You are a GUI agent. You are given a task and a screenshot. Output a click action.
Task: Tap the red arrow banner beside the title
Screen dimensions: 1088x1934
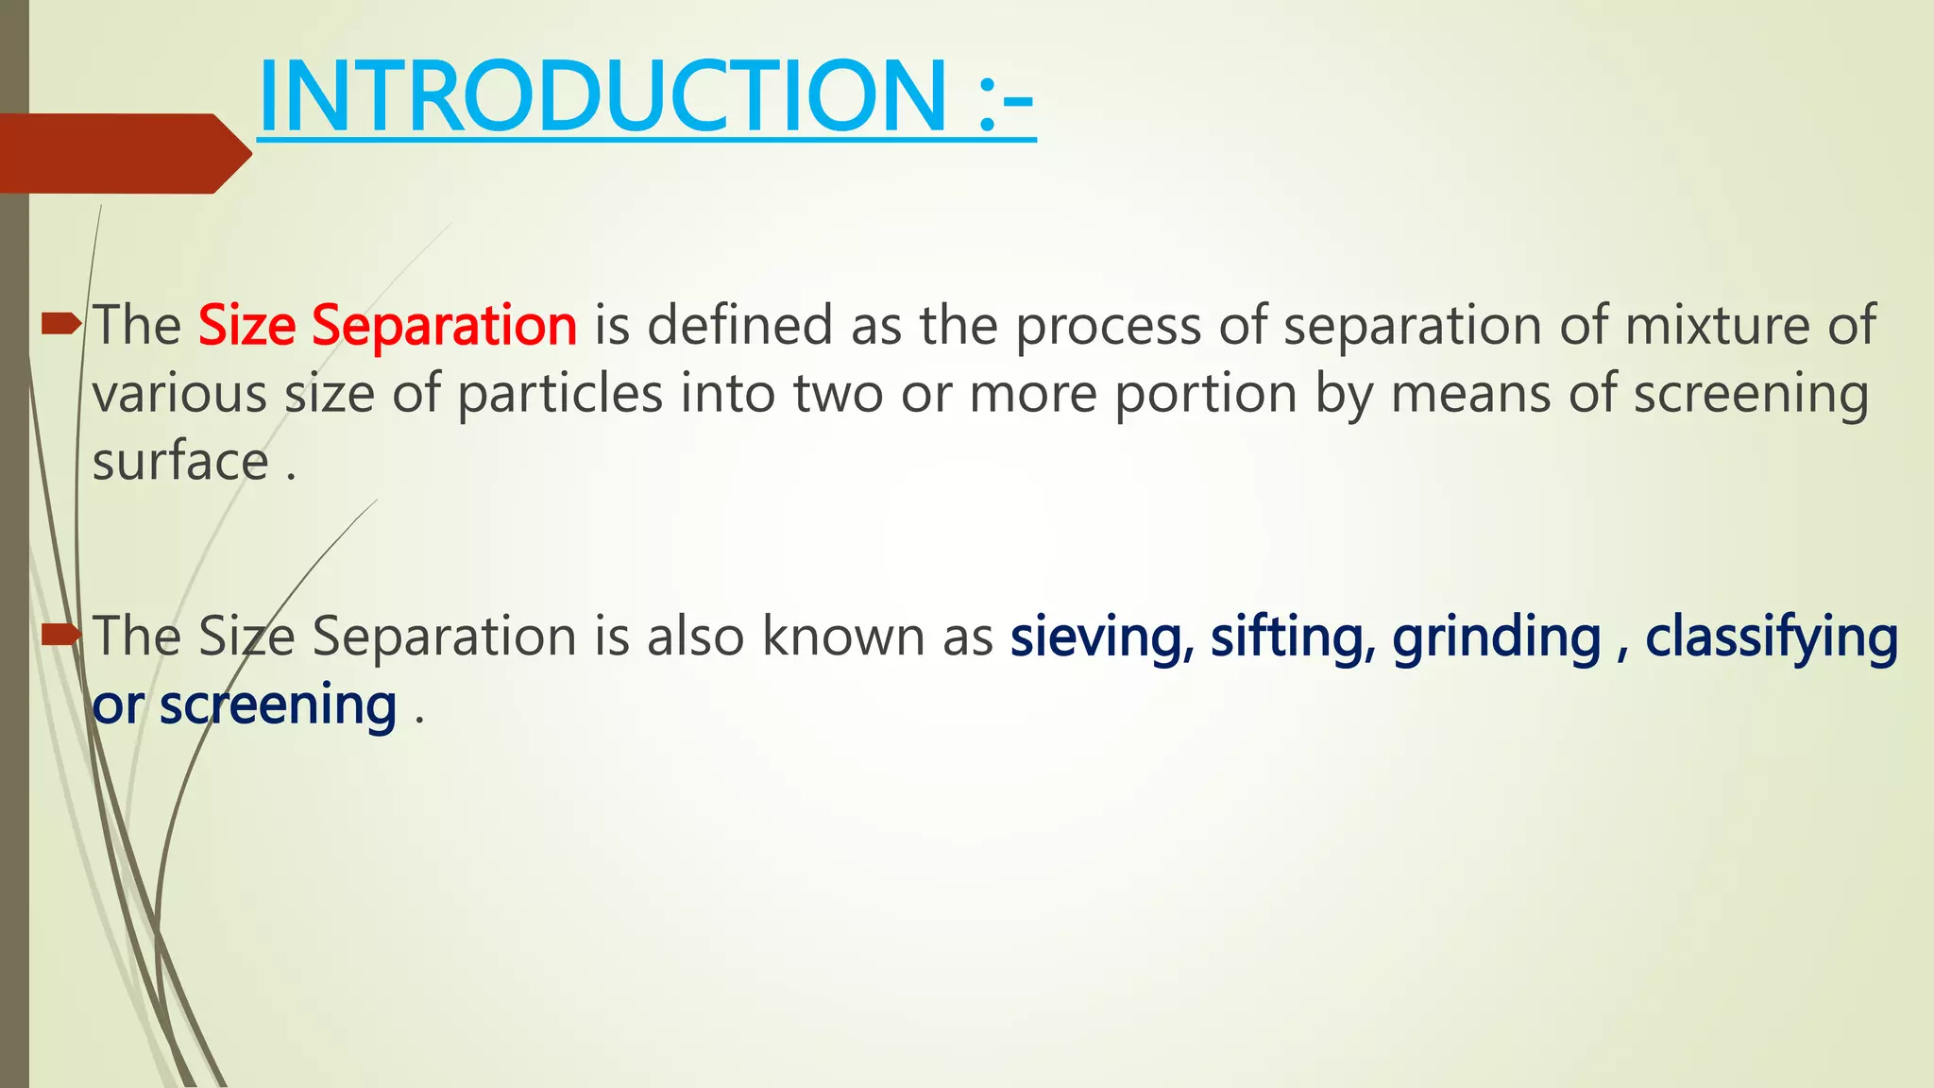tap(123, 153)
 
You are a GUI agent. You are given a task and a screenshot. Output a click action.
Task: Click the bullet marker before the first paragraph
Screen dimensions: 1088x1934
tap(62, 326)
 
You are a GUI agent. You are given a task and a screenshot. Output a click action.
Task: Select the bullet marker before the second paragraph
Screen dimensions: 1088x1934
tap(62, 635)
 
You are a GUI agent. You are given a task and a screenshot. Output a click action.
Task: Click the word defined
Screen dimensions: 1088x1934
tap(739, 326)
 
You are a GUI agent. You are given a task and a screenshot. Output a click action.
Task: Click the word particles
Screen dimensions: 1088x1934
tap(560, 394)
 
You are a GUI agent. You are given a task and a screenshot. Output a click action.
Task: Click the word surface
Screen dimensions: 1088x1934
tap(180, 462)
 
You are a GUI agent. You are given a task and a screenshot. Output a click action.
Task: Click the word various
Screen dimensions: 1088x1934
tap(179, 394)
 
